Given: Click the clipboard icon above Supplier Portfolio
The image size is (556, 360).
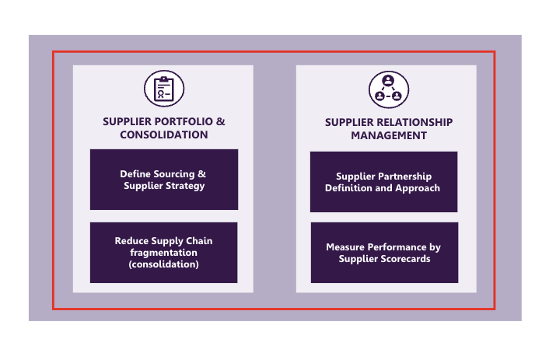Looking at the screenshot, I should [x=163, y=89].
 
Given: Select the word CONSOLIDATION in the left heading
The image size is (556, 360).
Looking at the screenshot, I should [x=163, y=135].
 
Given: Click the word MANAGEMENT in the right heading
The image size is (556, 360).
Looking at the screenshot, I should [x=389, y=135].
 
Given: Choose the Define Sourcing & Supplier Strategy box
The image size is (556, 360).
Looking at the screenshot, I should [x=163, y=180].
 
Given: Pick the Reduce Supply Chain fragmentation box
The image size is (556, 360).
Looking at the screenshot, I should [x=163, y=253].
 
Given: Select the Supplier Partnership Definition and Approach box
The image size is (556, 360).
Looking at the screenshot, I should [x=383, y=182].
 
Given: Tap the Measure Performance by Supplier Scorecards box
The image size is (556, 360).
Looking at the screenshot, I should [x=383, y=253].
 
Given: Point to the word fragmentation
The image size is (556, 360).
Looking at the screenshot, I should [x=163, y=253].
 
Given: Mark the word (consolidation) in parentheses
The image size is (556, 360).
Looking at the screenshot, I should [x=163, y=264].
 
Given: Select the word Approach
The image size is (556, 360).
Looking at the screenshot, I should [x=418, y=188].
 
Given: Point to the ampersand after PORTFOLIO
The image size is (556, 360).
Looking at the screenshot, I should [x=221, y=121].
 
